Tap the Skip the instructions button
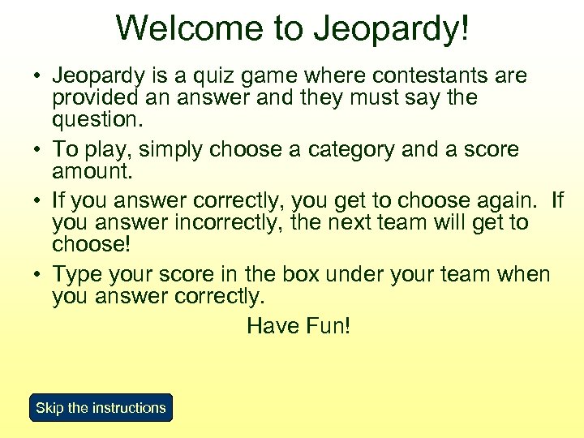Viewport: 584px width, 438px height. tap(101, 408)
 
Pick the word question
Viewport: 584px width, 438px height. tap(97, 120)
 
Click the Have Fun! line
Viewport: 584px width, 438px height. tap(298, 326)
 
